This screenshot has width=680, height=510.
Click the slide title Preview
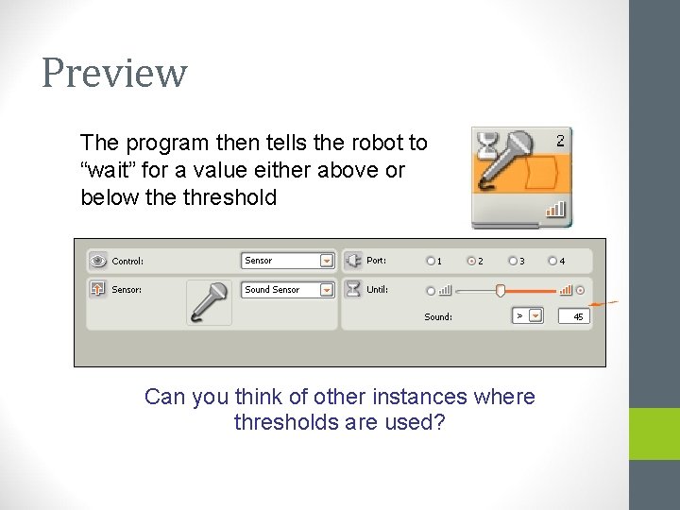click(x=114, y=73)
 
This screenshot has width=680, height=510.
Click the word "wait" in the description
click(x=105, y=170)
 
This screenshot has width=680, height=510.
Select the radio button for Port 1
click(x=431, y=261)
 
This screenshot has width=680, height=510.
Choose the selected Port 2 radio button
click(x=470, y=261)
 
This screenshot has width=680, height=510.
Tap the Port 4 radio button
click(x=552, y=261)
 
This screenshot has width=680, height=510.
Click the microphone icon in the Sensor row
click(x=209, y=303)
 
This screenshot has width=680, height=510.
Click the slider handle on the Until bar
click(x=501, y=290)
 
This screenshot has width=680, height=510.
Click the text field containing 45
click(x=574, y=316)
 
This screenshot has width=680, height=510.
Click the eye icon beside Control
click(x=97, y=261)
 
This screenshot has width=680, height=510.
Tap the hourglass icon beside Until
click(x=352, y=289)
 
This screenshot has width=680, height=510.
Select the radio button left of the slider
click(x=431, y=290)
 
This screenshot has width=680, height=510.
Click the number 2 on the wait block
click(x=560, y=141)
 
